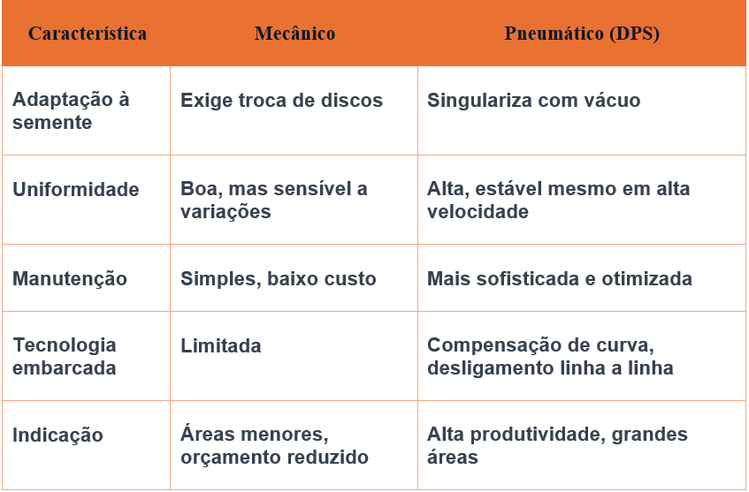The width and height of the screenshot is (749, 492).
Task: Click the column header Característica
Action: point(88,34)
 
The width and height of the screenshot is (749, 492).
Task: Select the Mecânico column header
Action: point(294,34)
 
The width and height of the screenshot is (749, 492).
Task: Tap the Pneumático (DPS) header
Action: point(582,34)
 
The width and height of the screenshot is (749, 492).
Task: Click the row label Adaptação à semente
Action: point(71,111)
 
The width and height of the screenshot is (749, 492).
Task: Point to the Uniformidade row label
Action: point(76,190)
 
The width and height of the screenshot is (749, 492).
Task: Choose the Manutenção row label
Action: point(70,279)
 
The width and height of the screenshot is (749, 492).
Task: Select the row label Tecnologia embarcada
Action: point(65,357)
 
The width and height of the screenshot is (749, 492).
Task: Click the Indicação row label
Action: point(57,435)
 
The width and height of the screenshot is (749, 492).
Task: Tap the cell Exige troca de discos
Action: point(281,101)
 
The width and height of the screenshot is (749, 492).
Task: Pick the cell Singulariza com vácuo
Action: point(533,101)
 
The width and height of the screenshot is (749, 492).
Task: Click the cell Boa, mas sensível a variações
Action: point(273,201)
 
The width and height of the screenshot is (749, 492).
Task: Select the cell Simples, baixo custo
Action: point(278,279)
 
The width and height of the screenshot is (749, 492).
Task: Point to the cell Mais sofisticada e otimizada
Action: point(559,279)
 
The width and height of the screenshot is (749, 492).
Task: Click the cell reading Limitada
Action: point(220,346)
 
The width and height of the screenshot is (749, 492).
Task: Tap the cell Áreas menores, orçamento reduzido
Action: point(274,446)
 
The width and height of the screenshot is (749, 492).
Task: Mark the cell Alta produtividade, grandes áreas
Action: point(557,446)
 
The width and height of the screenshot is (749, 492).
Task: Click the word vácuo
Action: point(611,101)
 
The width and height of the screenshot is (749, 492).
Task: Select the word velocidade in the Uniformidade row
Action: point(478,212)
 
